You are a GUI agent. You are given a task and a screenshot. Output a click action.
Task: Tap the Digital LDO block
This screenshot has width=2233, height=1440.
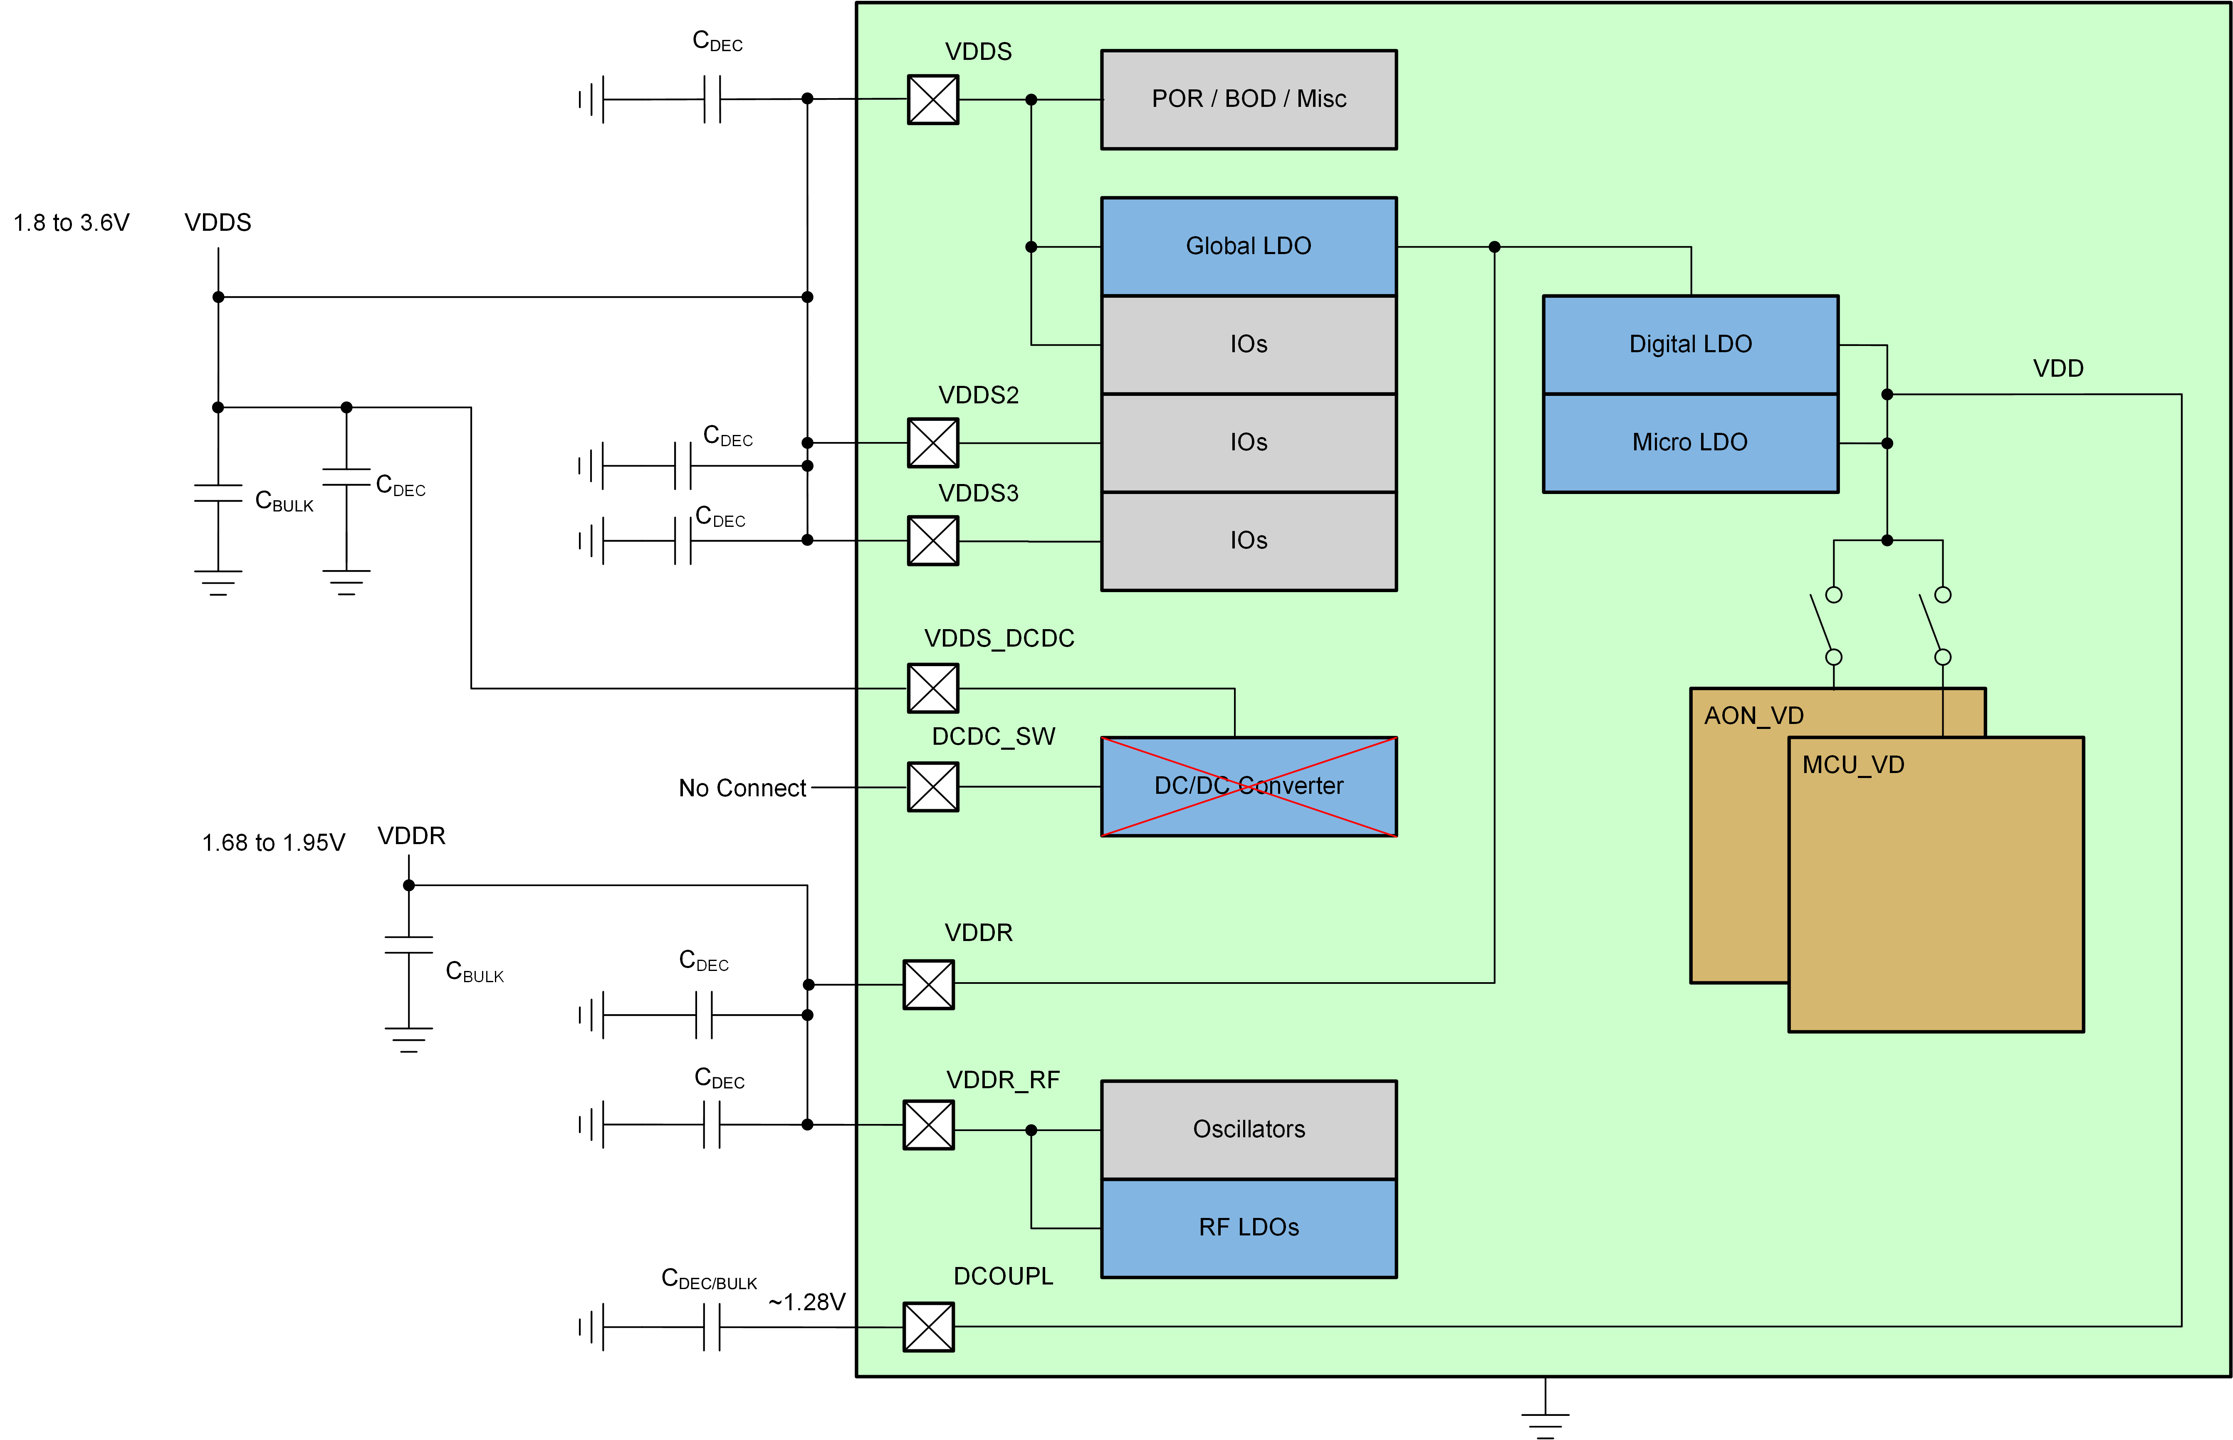point(1690,344)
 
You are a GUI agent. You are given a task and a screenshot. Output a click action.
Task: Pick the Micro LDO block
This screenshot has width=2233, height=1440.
point(1690,442)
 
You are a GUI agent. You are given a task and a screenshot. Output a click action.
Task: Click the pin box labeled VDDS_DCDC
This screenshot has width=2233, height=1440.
point(932,688)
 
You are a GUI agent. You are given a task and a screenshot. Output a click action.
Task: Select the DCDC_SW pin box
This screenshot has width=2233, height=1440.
point(932,786)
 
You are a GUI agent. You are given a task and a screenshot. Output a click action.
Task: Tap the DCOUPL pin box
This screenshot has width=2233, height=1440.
point(927,1326)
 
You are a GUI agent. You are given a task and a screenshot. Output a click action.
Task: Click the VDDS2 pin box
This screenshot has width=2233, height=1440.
point(932,442)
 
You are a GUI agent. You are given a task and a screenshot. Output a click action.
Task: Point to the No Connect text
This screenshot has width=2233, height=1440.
point(742,788)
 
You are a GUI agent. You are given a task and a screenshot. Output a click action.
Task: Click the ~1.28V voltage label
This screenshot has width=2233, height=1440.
point(806,1302)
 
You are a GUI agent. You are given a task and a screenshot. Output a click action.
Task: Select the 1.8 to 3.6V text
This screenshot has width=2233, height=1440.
point(71,222)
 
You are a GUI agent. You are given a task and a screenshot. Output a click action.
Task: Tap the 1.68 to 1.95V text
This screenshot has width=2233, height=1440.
point(273,842)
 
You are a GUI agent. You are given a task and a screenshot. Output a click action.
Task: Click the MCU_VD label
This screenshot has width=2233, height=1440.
point(1852,765)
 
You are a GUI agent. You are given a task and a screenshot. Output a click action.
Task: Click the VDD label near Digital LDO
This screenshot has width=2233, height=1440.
point(2057,368)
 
